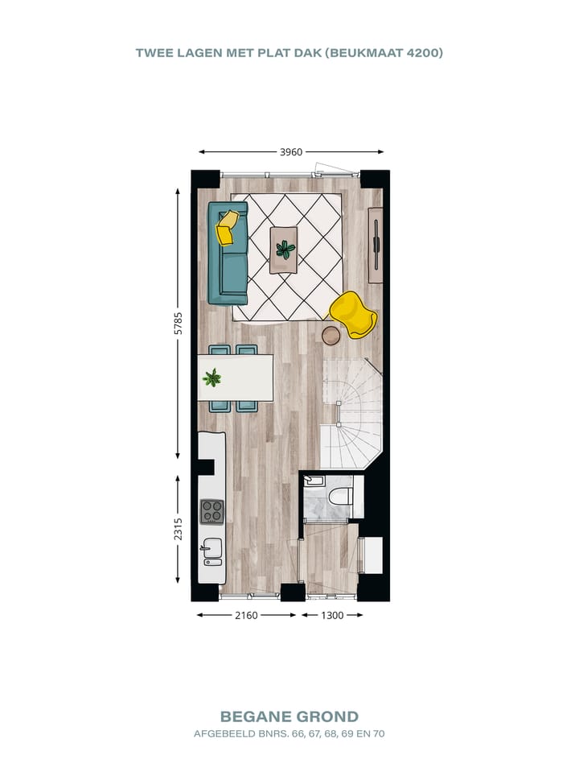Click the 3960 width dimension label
click(x=291, y=151)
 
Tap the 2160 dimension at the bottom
click(x=246, y=615)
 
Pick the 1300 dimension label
click(x=332, y=615)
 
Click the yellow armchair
click(x=354, y=313)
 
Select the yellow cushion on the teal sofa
click(x=228, y=227)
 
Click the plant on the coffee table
click(x=285, y=249)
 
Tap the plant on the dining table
click(x=212, y=378)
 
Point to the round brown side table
click(x=331, y=334)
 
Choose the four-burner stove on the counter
click(x=212, y=511)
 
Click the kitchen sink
click(x=212, y=550)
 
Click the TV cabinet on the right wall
click(x=376, y=245)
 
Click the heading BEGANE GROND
click(x=289, y=716)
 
